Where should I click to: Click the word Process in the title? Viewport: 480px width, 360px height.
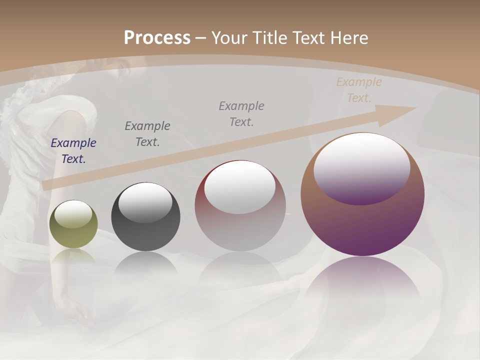157,37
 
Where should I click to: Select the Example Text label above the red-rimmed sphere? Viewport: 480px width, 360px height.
241,113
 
